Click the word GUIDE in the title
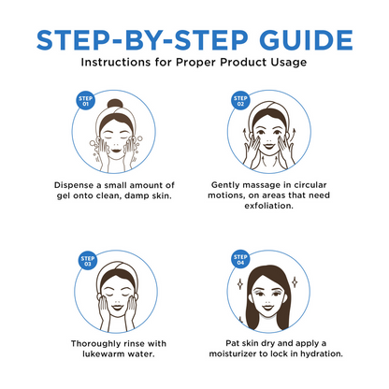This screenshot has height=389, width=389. point(306,40)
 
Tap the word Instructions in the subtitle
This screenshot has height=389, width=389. point(116,62)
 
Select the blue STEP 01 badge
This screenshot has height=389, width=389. point(85,101)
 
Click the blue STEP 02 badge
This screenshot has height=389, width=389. point(240,101)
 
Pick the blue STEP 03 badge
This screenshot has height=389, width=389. point(88,261)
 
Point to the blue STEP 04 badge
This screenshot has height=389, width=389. point(240,259)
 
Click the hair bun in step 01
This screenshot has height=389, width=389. point(115,104)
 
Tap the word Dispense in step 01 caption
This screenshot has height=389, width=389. point(74,185)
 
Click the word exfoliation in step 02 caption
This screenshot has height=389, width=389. point(268,206)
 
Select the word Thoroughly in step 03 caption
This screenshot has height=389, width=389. point(95,344)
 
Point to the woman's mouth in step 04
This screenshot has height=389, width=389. point(267,308)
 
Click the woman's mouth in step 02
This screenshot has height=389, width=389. point(268,145)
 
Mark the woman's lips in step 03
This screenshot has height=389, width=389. point(118,308)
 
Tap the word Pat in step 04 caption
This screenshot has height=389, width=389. point(232,343)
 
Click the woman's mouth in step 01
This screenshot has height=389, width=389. point(116,151)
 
